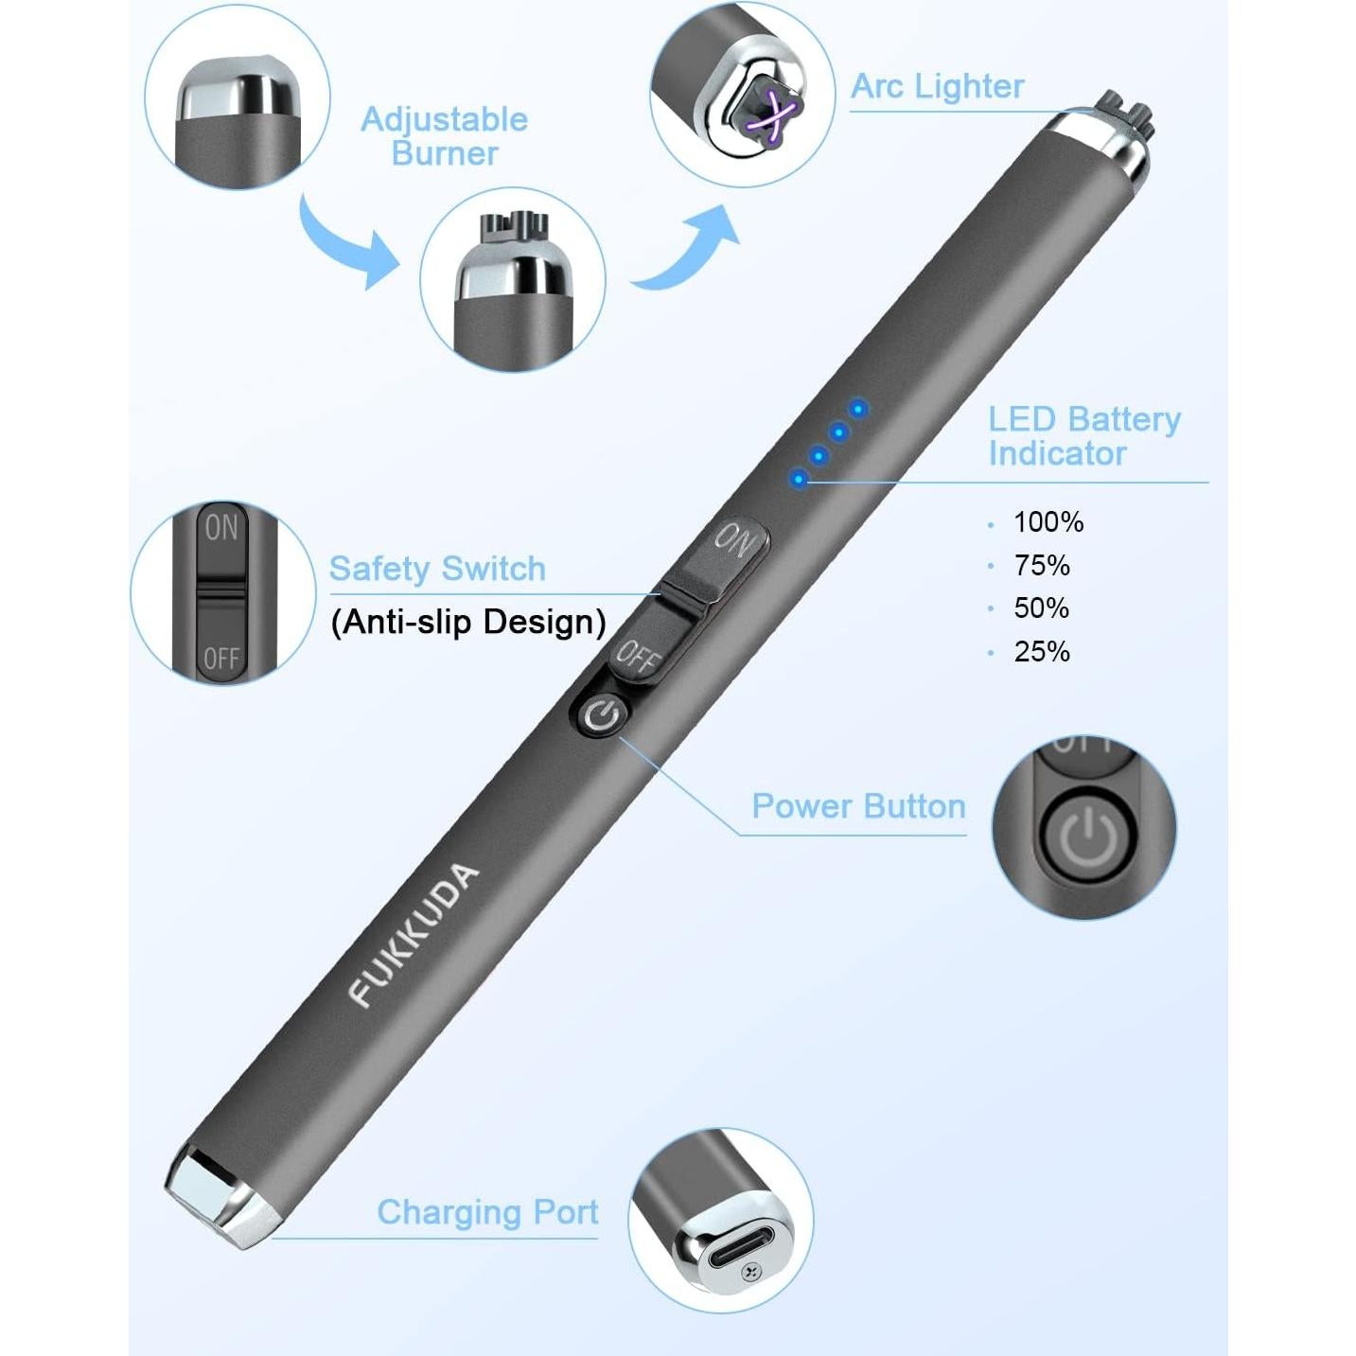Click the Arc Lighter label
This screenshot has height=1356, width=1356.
[937, 86]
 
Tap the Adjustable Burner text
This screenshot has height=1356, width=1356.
[444, 136]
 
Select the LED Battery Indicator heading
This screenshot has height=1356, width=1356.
[1083, 436]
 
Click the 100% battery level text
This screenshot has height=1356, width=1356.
[1048, 521]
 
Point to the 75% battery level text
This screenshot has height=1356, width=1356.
[1041, 565]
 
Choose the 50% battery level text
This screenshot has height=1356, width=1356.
[1041, 608]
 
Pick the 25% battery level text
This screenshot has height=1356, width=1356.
[1041, 651]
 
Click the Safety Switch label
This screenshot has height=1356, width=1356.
[437, 569]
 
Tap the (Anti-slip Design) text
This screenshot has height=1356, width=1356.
[468, 622]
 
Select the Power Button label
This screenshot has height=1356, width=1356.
[858, 806]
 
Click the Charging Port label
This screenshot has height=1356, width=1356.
[487, 1212]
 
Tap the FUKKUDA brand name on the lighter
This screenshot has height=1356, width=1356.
[414, 934]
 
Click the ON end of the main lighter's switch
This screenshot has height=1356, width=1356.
[735, 540]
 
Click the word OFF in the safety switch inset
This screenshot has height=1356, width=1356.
[221, 657]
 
